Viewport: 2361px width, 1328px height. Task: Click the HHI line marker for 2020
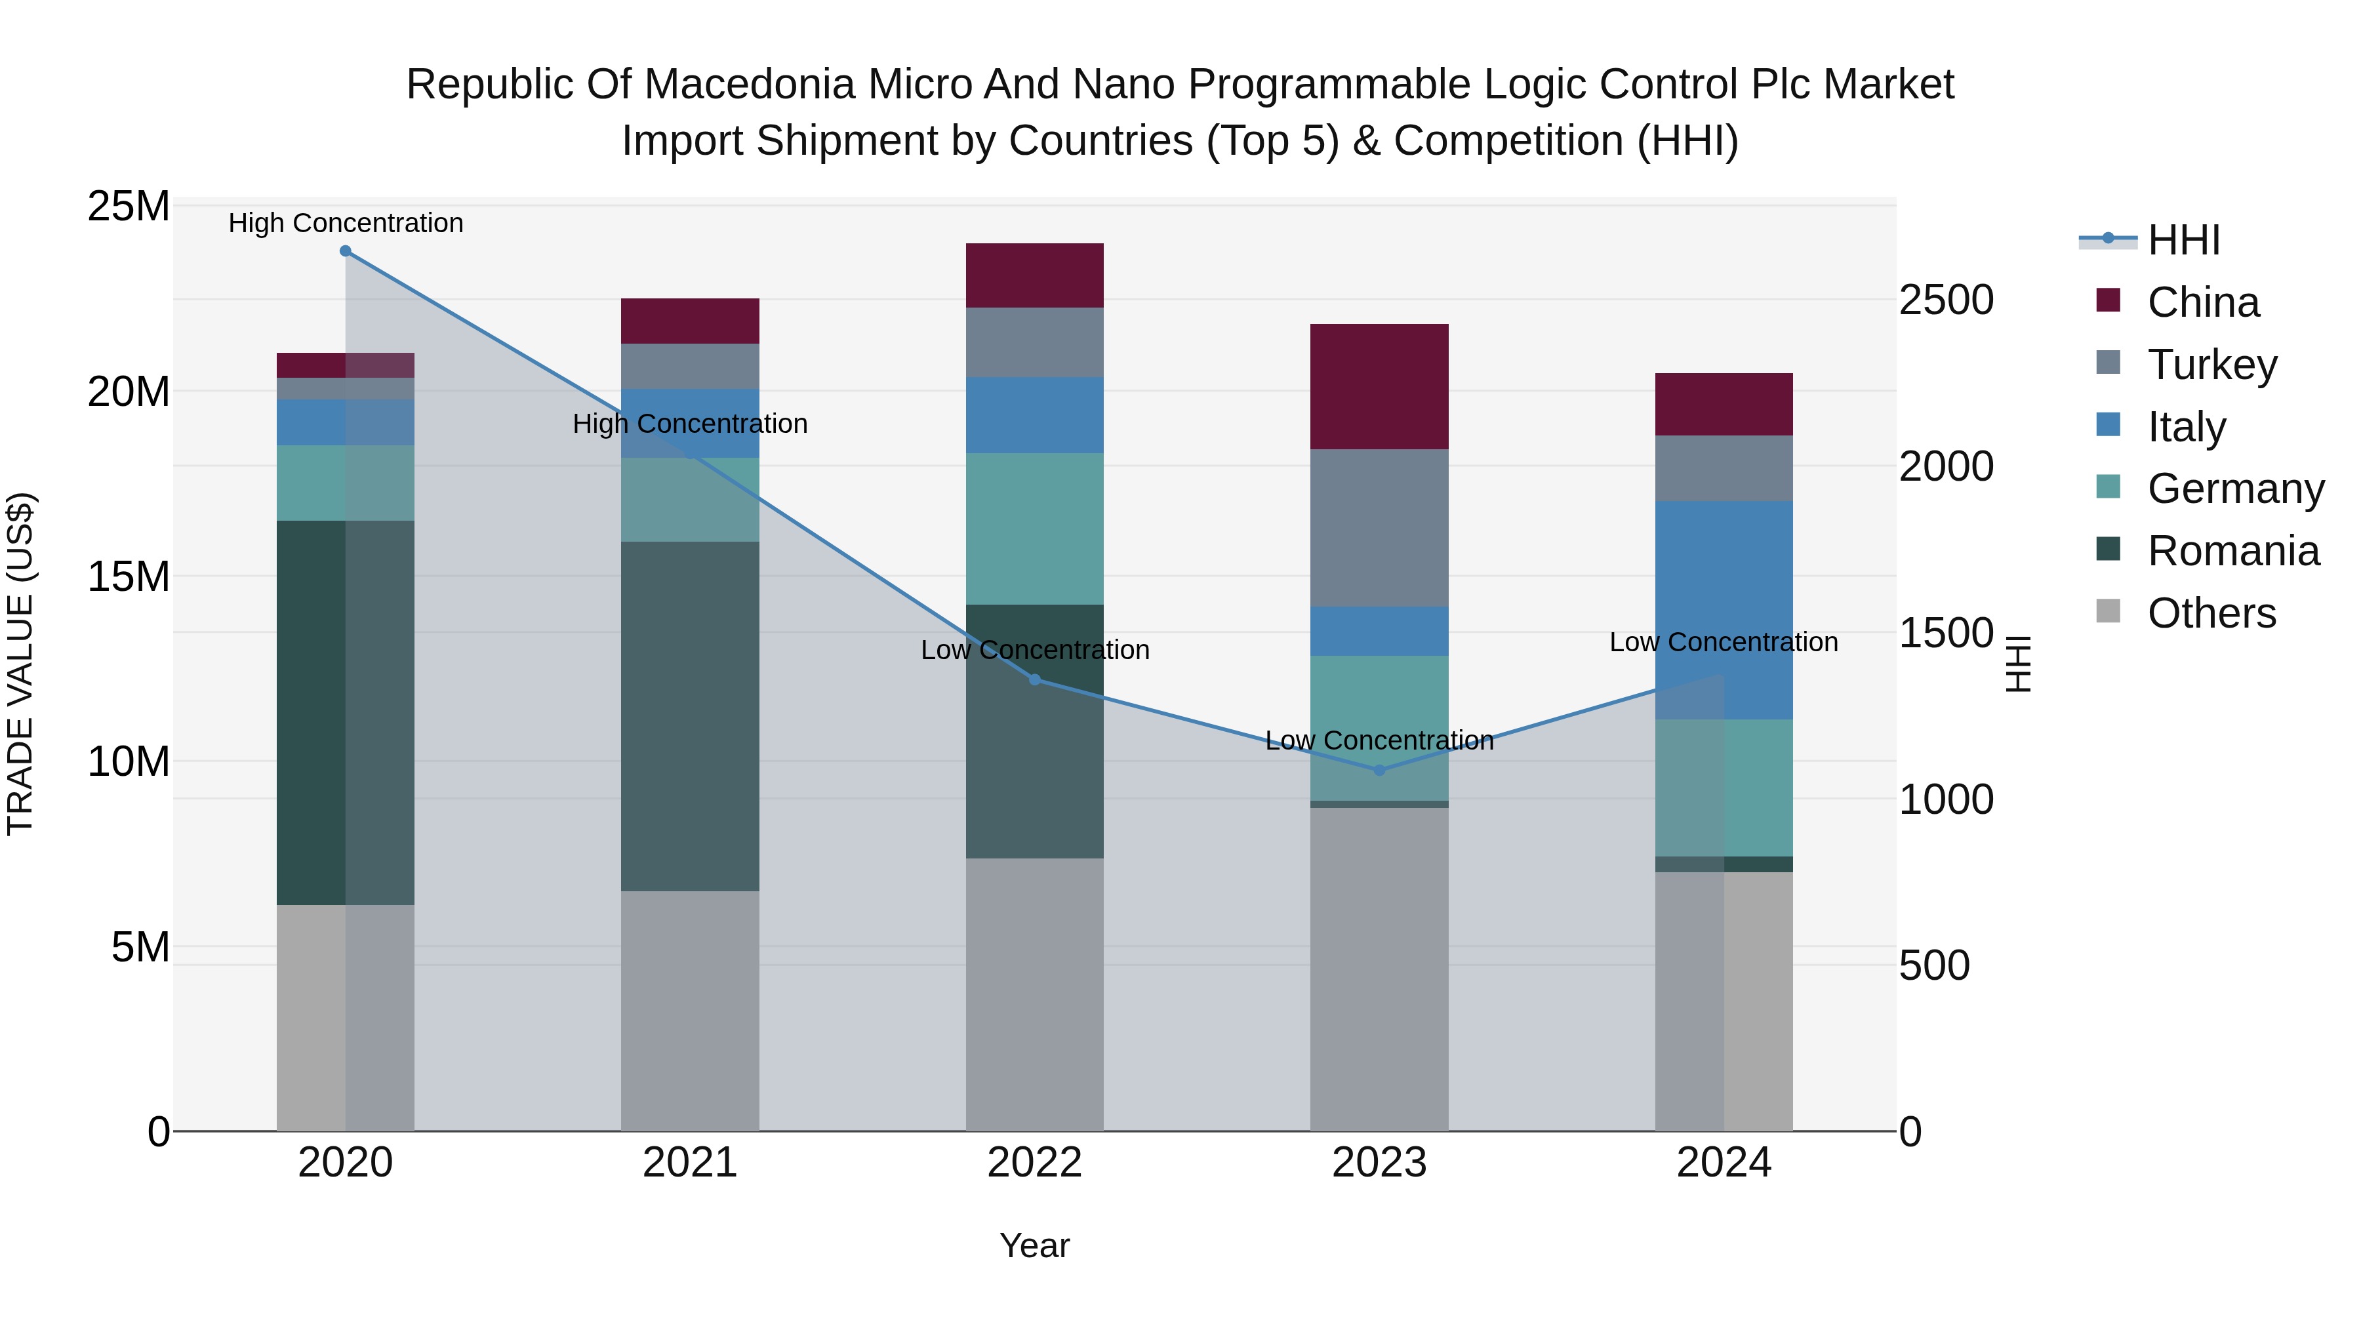tap(346, 251)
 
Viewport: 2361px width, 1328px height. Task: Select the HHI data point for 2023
tap(1379, 770)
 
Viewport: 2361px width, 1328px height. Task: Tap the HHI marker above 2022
tap(1035, 679)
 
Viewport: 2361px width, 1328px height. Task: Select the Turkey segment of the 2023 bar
tap(1379, 527)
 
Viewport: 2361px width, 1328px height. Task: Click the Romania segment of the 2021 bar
tap(690, 715)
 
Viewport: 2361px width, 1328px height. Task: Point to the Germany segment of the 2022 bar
tap(1035, 528)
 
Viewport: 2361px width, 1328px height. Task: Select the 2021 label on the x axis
tap(690, 1163)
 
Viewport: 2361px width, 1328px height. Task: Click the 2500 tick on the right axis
tap(1946, 300)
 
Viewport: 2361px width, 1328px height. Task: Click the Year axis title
tap(1035, 1245)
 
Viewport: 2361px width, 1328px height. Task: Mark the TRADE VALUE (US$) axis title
tap(20, 664)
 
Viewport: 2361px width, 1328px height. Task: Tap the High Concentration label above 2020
tap(346, 223)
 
